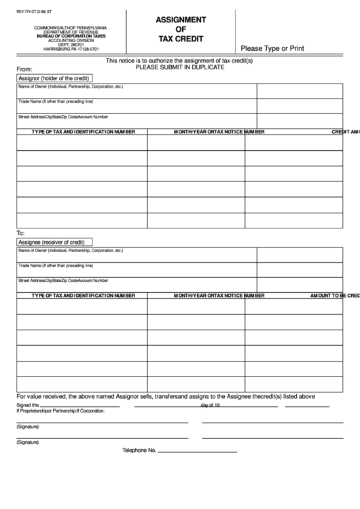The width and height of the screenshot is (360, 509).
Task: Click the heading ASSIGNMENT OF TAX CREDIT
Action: pos(181,29)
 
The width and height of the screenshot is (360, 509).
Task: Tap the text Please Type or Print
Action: pos(272,48)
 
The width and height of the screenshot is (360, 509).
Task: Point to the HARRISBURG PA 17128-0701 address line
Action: pos(65,49)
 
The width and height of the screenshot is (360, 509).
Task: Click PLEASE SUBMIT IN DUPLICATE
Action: pos(180,67)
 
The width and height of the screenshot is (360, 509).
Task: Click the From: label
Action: pos(24,69)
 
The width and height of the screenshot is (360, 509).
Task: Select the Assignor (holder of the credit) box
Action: pos(54,78)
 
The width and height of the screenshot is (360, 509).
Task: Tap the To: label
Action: pos(20,233)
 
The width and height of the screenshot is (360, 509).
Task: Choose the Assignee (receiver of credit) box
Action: pos(52,242)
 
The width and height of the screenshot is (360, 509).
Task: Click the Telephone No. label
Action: pos(139,451)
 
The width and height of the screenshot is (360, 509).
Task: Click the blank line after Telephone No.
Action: pos(197,452)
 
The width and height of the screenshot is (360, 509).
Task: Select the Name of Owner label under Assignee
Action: pos(71,251)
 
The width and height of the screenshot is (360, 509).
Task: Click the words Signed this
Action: pos(28,405)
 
